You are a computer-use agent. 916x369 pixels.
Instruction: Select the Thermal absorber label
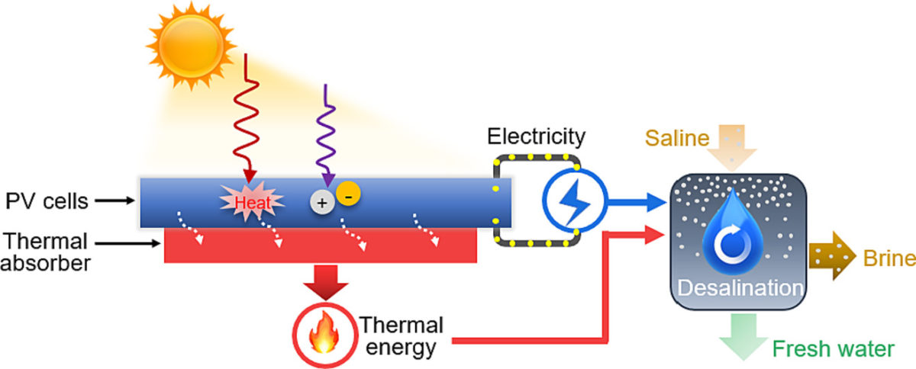[46, 252]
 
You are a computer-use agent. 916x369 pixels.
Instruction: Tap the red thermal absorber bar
[321, 246]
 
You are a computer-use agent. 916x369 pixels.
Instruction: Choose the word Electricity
[537, 137]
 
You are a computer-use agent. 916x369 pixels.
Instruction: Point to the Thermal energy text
[401, 336]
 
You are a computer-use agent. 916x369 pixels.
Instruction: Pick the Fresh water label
[832, 349]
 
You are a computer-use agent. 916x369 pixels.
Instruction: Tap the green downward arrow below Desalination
[738, 332]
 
